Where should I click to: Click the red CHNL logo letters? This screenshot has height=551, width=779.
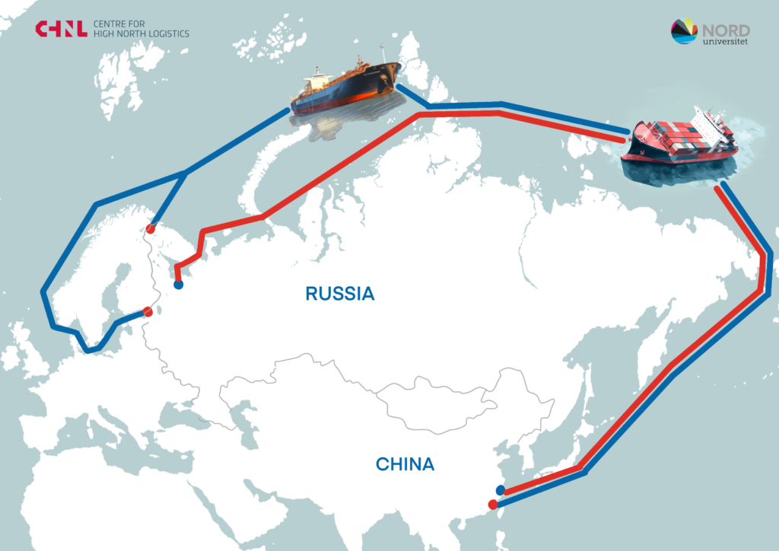[x=60, y=29]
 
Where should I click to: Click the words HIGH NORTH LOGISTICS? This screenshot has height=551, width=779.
[x=141, y=34]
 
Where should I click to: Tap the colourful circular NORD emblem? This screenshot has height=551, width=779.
[x=684, y=31]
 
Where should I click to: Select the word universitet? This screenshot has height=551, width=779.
[x=726, y=41]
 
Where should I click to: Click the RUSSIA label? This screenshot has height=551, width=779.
[x=340, y=294]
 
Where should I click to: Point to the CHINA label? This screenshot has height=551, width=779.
[x=405, y=464]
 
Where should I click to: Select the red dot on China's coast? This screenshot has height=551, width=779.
[x=493, y=504]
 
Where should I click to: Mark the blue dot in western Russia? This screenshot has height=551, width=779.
[x=178, y=285]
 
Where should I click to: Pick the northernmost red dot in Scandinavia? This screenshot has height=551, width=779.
[x=151, y=228]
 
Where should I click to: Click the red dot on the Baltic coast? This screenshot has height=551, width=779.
[x=148, y=311]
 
